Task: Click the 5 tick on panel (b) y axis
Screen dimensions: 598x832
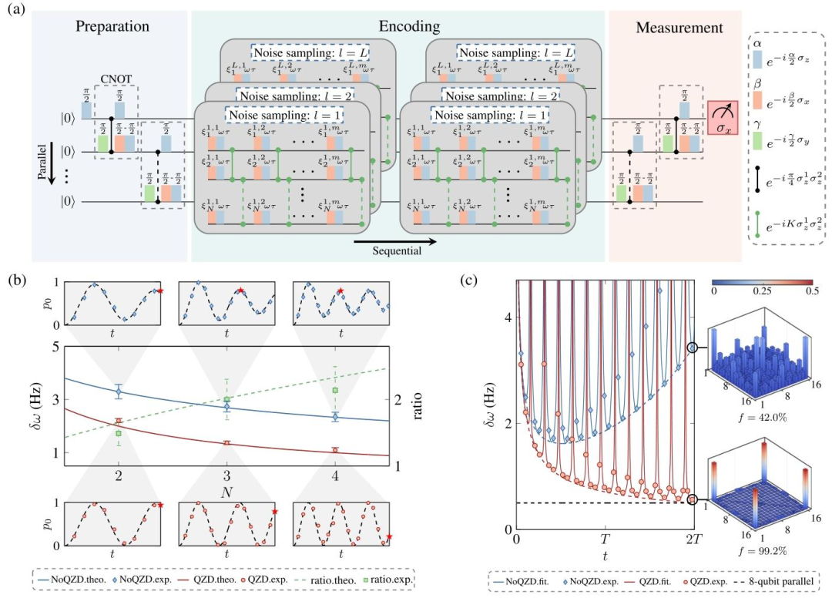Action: point(55,347)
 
